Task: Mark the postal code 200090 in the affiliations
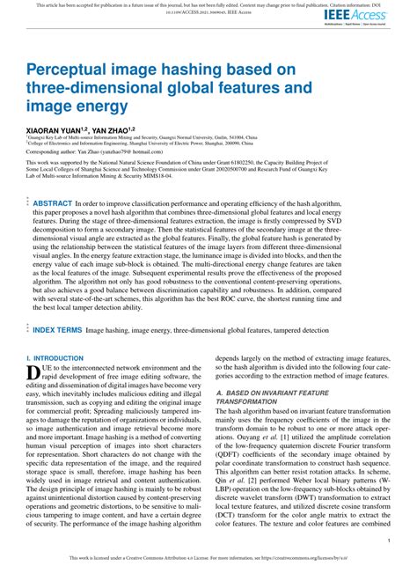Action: (227, 143)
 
